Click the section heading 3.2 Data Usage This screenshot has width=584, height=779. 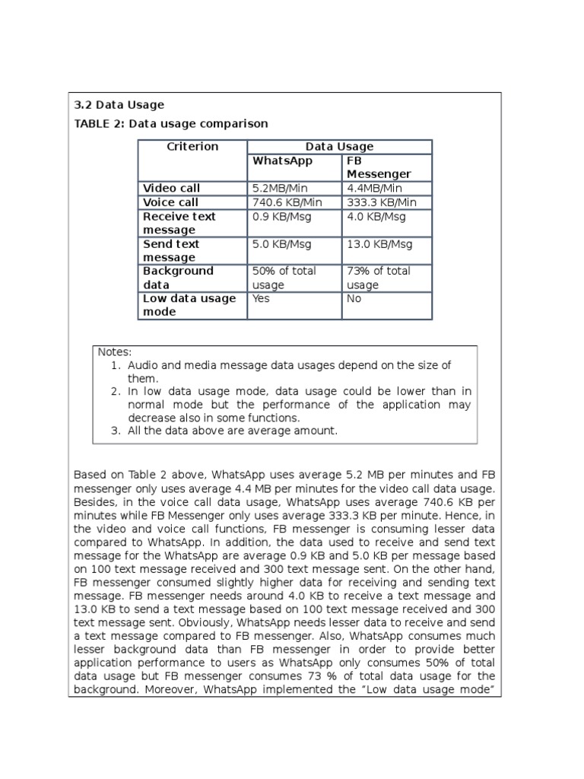click(119, 105)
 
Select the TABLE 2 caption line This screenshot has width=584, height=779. click(170, 123)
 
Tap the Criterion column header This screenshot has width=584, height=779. click(192, 147)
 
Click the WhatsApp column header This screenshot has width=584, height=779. click(282, 161)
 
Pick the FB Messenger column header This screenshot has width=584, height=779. click(378, 168)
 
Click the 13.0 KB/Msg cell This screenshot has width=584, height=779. click(379, 244)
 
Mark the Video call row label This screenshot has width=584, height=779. click(171, 188)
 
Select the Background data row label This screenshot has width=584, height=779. click(179, 278)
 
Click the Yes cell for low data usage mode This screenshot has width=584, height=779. click(261, 299)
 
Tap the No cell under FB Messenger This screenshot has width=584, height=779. click(354, 299)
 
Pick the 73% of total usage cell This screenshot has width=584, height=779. click(378, 278)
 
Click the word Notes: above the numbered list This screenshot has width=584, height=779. click(115, 351)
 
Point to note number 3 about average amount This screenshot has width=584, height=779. click(231, 431)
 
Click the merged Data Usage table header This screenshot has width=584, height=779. click(339, 147)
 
